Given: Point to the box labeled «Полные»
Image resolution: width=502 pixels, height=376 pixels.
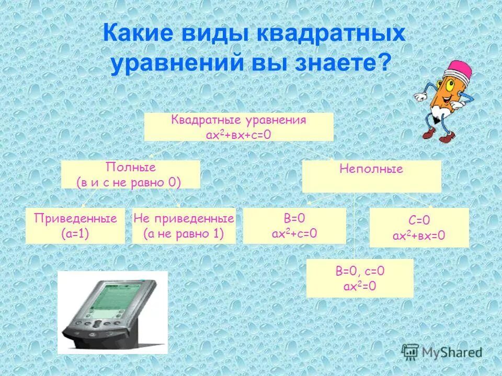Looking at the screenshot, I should tap(131, 174).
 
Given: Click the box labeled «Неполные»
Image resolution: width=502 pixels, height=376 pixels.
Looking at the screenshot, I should tap(371, 176).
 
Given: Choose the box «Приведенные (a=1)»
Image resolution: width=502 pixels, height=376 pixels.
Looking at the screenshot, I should tap(75, 226).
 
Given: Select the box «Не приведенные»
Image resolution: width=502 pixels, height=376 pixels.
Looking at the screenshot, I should tap(184, 226).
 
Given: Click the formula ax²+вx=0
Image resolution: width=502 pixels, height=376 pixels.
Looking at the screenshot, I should tap(419, 236).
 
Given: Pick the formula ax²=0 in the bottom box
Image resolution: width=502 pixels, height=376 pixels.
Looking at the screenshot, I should tap(359, 286).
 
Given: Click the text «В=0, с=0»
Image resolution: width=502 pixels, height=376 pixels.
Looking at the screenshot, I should tap(359, 271).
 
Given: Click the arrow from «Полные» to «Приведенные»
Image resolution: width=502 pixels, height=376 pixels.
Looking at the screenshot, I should tap(89, 198).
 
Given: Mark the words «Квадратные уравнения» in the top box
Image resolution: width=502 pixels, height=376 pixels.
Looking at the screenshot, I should tap(238, 120).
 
